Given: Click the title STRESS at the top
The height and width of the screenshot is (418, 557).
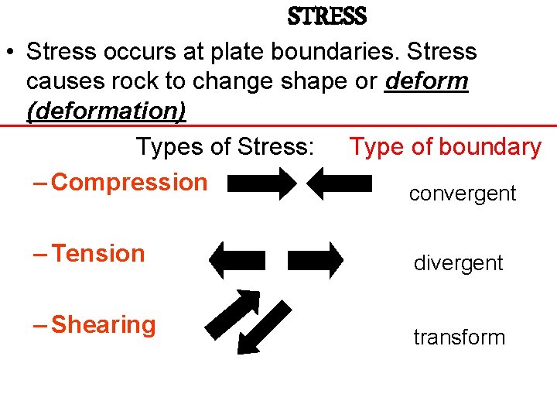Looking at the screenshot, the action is click(x=326, y=15).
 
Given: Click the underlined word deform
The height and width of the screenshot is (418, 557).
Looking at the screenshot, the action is click(x=427, y=81).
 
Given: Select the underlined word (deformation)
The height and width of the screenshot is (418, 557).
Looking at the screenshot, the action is click(x=106, y=111).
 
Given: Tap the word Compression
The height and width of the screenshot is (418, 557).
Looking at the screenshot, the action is click(x=129, y=183).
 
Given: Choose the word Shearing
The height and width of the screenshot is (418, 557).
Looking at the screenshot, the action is click(x=103, y=325).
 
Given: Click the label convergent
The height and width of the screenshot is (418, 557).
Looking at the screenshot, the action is click(x=462, y=194).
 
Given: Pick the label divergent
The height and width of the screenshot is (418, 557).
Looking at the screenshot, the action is click(x=458, y=263).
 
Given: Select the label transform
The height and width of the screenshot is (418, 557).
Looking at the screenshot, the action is click(x=459, y=337).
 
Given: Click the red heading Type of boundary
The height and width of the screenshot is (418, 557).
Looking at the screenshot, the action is click(x=445, y=147).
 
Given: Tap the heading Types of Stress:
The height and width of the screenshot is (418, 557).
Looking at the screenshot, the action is click(x=225, y=147).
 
